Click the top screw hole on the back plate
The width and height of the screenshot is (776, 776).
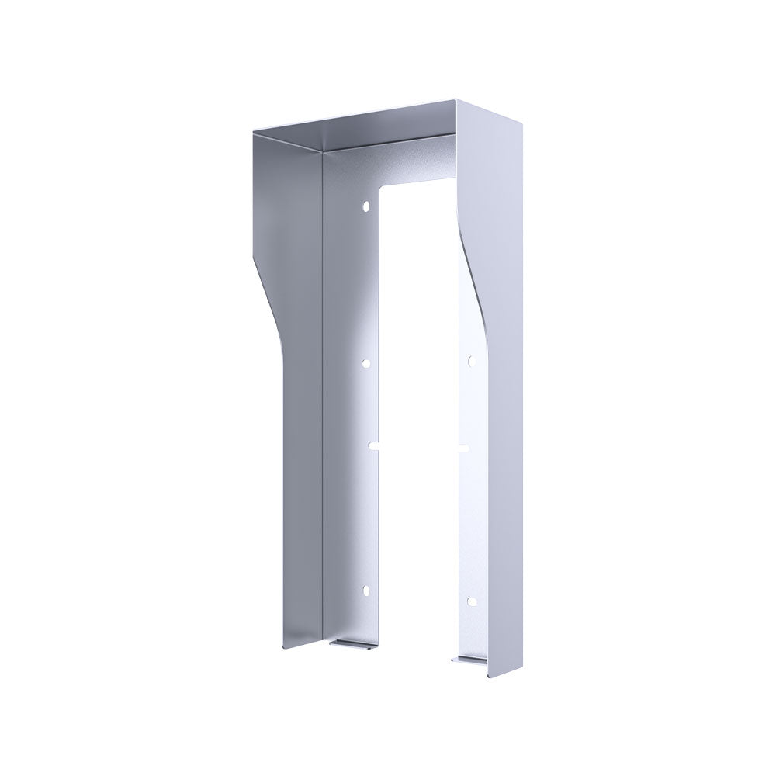coord(365,207)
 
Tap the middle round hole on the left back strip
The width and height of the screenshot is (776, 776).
coord(367,362)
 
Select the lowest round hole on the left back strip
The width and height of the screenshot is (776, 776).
coord(366,592)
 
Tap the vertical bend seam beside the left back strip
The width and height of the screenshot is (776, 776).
coord(323,388)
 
